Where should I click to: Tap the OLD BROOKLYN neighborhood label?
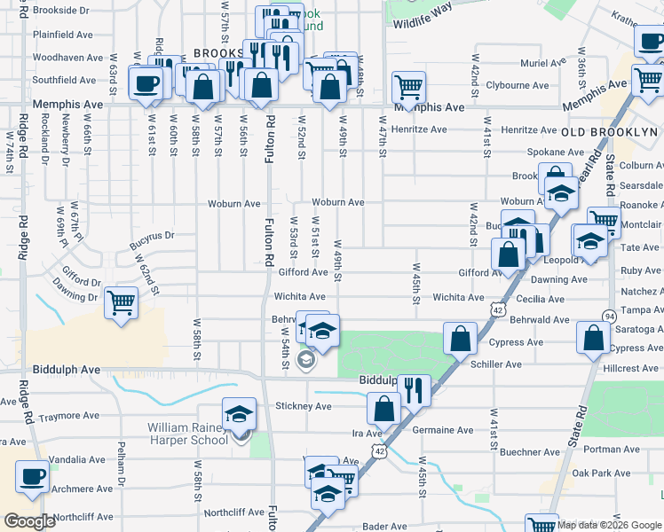[x=610, y=131]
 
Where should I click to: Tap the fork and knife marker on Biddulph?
[x=414, y=389]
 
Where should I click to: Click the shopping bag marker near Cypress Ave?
[x=461, y=339]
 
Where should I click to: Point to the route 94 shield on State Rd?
[x=609, y=316]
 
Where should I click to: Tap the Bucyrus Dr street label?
[x=152, y=236]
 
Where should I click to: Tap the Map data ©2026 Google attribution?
[x=609, y=525]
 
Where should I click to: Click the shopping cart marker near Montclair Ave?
[x=604, y=220]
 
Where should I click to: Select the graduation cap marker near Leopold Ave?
[x=589, y=241]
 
